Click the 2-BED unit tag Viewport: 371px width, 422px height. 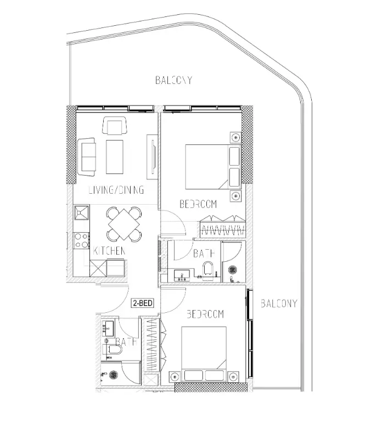point(142,302)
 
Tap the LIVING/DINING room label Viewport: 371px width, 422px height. point(116,190)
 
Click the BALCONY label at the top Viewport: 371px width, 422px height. point(173,80)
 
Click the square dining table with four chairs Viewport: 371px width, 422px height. point(123,223)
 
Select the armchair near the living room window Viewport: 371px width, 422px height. point(114,127)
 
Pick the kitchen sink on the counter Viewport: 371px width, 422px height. point(82,212)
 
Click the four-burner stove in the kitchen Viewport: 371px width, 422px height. point(81,240)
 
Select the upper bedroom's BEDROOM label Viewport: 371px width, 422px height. point(198,204)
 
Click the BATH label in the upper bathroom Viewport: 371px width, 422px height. point(203,253)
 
